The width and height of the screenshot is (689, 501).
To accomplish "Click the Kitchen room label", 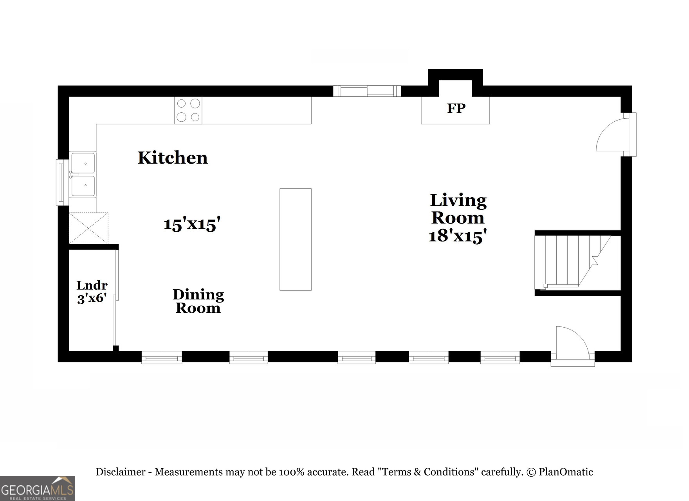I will point(173,158).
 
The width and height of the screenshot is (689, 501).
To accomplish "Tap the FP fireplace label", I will point(456,108).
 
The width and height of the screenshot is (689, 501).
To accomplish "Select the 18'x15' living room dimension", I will point(458,236).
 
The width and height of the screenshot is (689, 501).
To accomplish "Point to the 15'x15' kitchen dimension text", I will point(192,224).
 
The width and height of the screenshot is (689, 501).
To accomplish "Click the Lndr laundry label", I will point(92,285).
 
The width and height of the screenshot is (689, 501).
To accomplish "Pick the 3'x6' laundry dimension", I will point(92,298).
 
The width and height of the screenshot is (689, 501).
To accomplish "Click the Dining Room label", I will point(198,301).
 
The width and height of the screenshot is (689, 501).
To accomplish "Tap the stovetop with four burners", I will point(188,110).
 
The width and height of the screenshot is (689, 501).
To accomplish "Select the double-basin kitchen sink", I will point(83,175).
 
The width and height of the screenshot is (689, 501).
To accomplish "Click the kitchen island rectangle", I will point(296,239).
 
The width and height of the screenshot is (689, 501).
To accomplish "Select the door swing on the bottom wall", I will point(572,342).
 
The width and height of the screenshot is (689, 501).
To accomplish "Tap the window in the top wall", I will point(367,91).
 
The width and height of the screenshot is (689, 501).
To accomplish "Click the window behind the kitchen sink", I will point(62,182).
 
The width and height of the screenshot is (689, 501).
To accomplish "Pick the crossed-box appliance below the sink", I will point(88,228).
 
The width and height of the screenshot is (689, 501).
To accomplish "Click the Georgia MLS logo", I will point(37,488).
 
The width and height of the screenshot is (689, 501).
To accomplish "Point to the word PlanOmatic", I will point(566,472).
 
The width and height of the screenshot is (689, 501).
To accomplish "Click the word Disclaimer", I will point(121,472).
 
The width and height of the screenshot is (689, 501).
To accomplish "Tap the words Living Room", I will point(458,209).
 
